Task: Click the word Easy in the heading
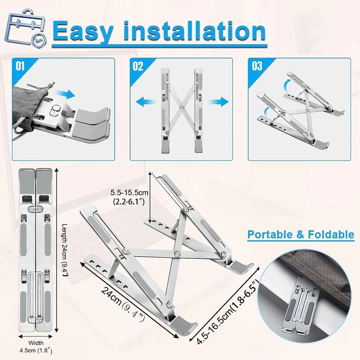click(83, 31)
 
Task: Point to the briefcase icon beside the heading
click(26, 27)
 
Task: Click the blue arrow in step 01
click(65, 94)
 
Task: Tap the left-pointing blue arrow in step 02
click(146, 102)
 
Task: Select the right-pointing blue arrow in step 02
click(218, 102)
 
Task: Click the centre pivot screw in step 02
click(182, 108)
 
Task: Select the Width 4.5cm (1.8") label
click(36, 346)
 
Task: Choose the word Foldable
click(331, 234)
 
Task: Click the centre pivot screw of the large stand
click(177, 254)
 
